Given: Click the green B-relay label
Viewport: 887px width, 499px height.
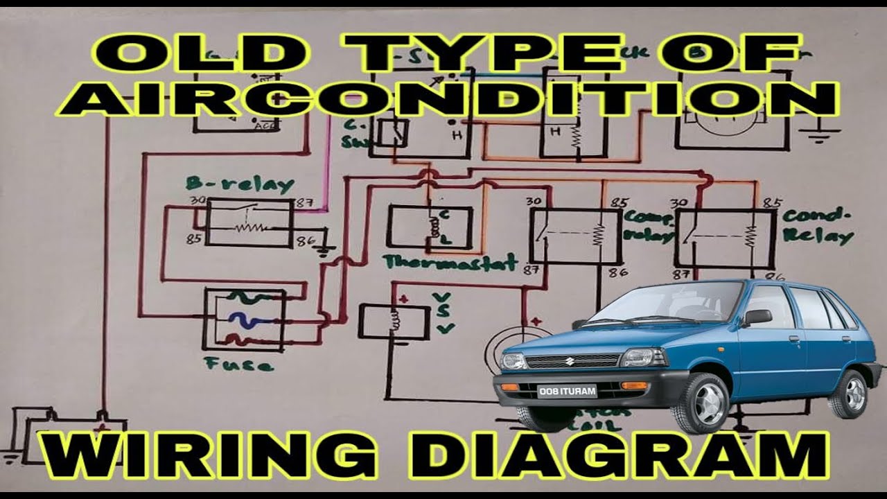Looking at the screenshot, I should [x=239, y=184].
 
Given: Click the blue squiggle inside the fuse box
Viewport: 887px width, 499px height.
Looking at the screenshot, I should [x=243, y=320].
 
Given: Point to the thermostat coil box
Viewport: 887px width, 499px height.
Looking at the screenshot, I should [x=430, y=227].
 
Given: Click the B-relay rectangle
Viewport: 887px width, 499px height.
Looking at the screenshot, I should [x=249, y=222].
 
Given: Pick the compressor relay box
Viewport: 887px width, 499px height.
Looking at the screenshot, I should [x=575, y=236].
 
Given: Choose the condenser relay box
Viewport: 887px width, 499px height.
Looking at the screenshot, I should [x=725, y=238].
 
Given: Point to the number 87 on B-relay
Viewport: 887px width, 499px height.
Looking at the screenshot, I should [x=303, y=203].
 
